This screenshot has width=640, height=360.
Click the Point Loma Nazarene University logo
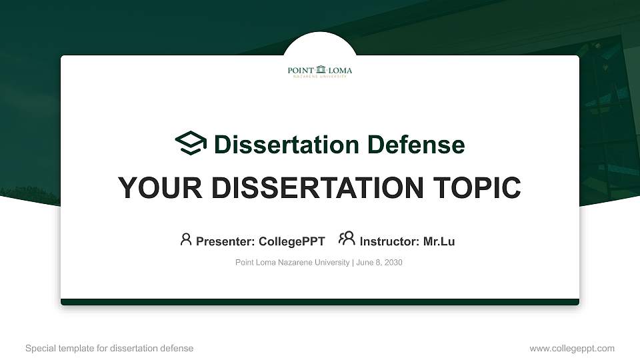(320, 71)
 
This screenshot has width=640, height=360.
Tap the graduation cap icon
(191, 144)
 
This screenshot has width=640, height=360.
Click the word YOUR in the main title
(152, 188)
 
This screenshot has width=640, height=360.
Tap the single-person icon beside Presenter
(186, 239)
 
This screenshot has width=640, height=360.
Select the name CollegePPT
(291, 241)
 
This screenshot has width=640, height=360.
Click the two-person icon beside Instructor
(347, 239)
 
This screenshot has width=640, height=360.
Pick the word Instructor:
(389, 241)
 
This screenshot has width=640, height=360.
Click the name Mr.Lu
(439, 241)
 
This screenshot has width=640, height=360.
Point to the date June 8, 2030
(379, 263)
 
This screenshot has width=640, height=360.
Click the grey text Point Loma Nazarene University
(292, 263)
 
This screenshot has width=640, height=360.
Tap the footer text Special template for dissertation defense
(109, 348)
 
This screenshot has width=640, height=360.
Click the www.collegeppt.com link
(572, 348)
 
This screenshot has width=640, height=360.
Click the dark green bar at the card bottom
(320, 302)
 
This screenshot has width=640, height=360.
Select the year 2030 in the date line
(393, 263)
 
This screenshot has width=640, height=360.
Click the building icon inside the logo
(321, 69)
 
